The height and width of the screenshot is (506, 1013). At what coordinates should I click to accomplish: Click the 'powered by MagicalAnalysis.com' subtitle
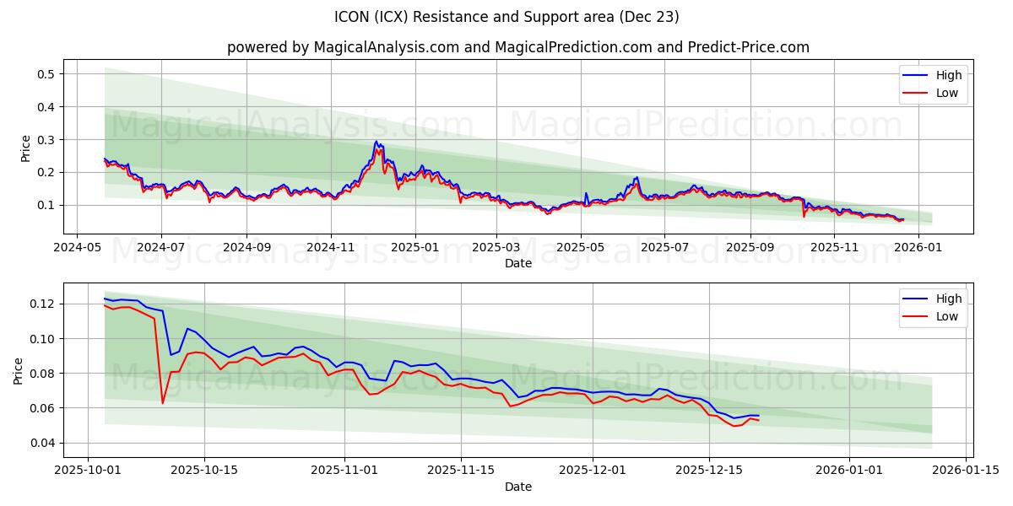[x=517, y=47]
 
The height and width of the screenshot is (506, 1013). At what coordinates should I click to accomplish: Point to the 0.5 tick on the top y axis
[x=46, y=74]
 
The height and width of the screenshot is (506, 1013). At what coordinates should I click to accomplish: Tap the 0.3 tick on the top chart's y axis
[x=46, y=139]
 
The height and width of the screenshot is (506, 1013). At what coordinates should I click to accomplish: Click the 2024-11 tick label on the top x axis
[x=330, y=248]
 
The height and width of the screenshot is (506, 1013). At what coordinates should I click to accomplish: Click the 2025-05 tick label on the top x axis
[x=581, y=248]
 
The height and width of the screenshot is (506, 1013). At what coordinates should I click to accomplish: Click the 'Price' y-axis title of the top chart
[x=26, y=148]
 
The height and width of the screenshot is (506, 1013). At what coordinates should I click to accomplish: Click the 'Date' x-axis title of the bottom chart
[x=517, y=487]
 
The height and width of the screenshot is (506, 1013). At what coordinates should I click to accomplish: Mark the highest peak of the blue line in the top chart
[x=376, y=142]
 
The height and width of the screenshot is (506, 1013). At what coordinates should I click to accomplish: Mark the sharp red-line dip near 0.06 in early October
[x=162, y=403]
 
